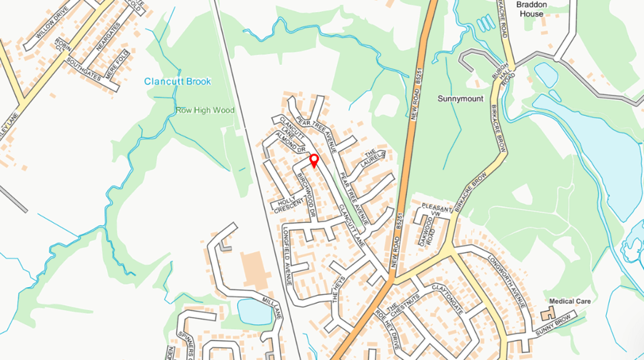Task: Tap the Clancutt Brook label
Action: (x=178, y=81)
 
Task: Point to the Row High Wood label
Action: (x=205, y=111)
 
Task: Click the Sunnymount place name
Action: (x=461, y=99)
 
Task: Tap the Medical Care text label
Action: (x=570, y=301)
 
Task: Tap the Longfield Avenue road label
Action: (x=288, y=255)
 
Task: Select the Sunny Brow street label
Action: (x=555, y=324)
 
